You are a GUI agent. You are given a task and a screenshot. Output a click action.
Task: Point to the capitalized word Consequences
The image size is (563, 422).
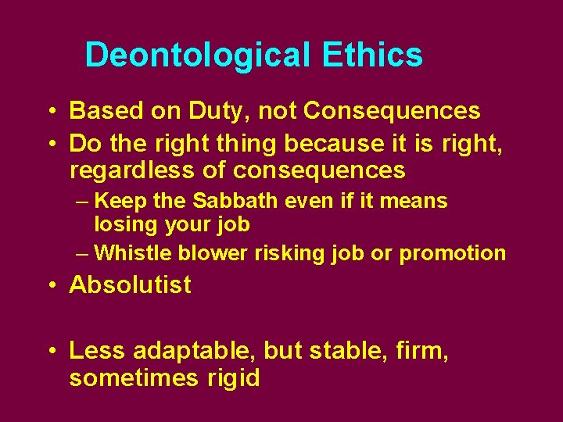(x=392, y=112)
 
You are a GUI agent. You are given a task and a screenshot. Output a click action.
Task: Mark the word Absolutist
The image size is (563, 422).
(x=130, y=285)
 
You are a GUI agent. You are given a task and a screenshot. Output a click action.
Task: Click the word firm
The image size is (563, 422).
(x=423, y=352)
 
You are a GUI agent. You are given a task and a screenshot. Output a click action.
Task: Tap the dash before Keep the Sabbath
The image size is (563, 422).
(x=84, y=202)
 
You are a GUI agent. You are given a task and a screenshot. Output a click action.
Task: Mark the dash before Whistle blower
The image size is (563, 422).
(x=84, y=254)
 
